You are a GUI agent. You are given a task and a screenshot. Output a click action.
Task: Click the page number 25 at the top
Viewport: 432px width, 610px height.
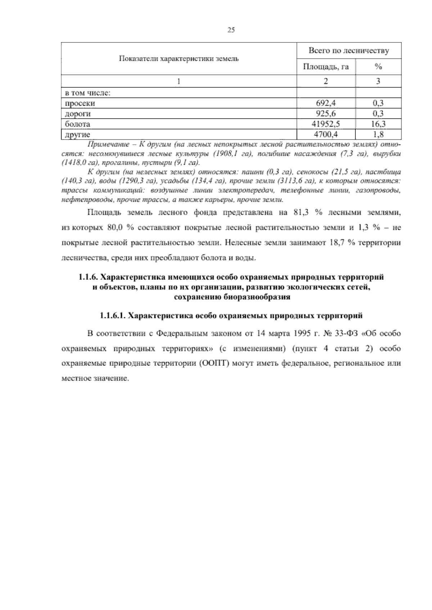231,31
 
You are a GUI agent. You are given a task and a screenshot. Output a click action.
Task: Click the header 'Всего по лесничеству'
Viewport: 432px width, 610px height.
349,51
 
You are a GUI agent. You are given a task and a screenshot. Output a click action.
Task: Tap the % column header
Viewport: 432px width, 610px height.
378,67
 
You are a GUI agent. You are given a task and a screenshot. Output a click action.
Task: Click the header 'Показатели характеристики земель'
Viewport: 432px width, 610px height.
179,59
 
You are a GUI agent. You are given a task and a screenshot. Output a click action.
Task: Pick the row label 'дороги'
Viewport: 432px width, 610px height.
77,114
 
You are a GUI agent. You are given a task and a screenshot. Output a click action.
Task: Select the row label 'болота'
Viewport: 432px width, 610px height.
77,124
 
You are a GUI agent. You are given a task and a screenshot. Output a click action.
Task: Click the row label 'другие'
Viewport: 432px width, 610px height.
77,135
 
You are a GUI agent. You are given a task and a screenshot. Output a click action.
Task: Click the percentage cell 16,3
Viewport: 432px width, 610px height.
378,124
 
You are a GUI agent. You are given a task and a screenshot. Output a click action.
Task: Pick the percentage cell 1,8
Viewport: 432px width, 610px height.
378,135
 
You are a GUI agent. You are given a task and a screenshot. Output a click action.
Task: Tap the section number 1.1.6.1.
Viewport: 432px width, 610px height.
113,316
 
